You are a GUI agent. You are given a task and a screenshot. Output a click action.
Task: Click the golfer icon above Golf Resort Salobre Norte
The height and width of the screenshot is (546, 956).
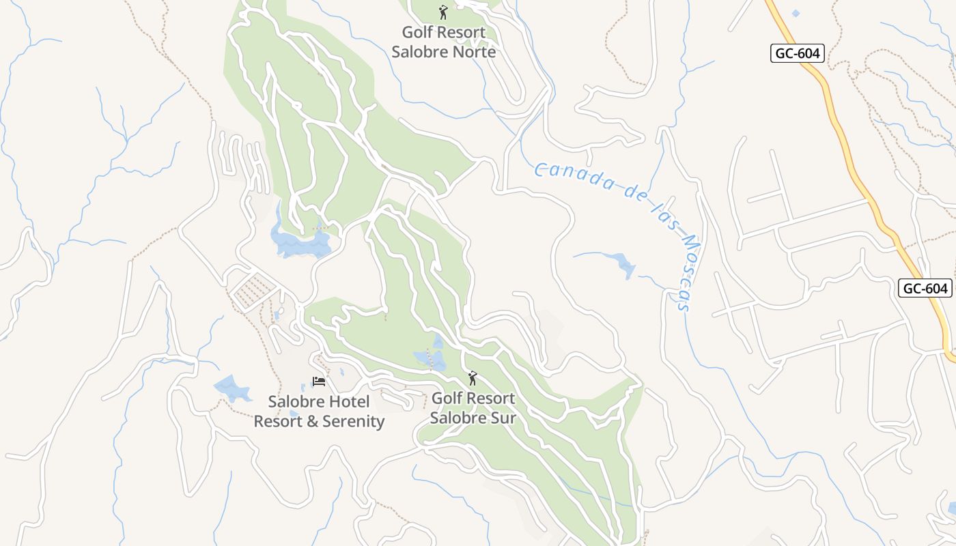pyautogui.click(x=443, y=12)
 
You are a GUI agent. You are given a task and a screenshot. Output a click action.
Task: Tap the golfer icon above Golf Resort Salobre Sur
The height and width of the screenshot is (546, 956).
pyautogui.click(x=472, y=377)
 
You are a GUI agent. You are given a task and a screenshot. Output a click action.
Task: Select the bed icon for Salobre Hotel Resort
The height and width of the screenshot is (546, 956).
pyautogui.click(x=319, y=382)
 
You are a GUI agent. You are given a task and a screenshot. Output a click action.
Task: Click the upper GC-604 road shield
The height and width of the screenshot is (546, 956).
pyautogui.click(x=798, y=53)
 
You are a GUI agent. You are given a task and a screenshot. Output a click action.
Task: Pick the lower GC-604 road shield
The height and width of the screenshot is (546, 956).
pyautogui.click(x=925, y=289)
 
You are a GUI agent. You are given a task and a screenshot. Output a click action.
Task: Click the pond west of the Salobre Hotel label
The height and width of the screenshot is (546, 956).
pyautogui.click(x=232, y=388)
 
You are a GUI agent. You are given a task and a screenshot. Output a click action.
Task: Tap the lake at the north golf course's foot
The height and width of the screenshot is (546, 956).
pyautogui.click(x=300, y=242)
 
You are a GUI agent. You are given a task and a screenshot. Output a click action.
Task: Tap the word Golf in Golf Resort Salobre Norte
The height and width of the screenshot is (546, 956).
pyautogui.click(x=417, y=32)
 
